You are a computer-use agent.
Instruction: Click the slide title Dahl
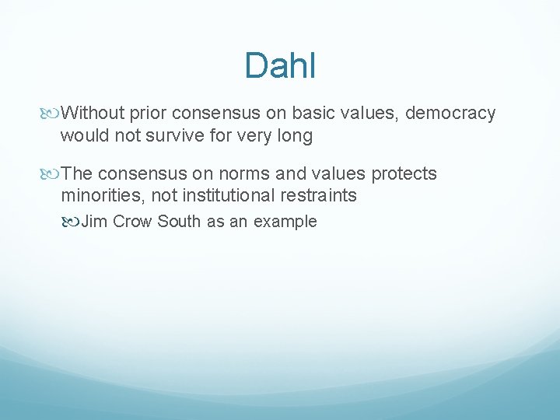(x=280, y=66)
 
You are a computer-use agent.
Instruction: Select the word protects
(x=400, y=173)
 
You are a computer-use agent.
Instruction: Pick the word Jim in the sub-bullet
(x=94, y=222)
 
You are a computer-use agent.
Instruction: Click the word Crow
(x=132, y=222)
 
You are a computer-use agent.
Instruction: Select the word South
(x=179, y=222)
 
